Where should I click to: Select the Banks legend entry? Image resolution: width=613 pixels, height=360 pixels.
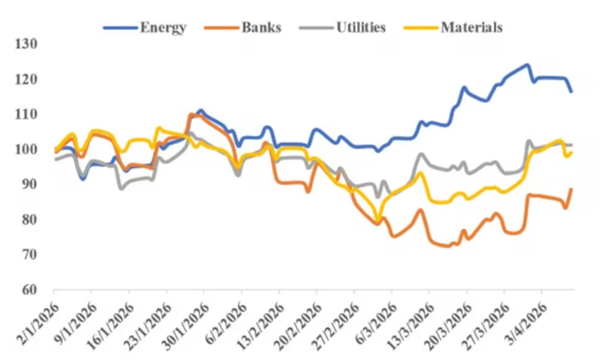(x=259, y=27)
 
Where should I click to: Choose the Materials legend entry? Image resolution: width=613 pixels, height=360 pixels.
(x=471, y=27)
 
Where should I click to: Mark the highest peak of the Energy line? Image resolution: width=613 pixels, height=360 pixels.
(x=527, y=65)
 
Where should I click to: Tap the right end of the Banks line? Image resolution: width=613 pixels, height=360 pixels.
(x=571, y=190)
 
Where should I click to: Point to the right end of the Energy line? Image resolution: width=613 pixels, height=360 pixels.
(x=571, y=91)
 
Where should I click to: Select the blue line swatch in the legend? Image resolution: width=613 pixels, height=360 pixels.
(x=121, y=27)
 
